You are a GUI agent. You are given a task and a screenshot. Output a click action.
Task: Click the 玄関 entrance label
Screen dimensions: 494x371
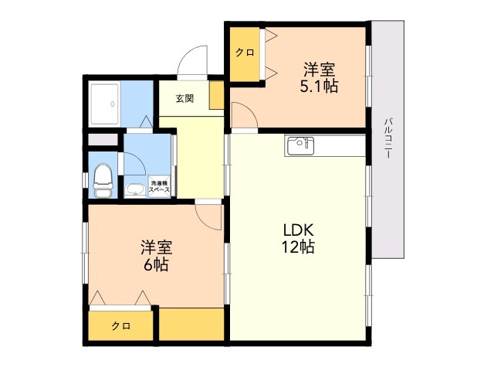[184, 99]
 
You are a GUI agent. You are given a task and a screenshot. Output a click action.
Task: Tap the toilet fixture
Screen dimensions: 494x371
[103, 181]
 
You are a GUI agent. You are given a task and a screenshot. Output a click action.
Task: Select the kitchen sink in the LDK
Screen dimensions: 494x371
[300, 146]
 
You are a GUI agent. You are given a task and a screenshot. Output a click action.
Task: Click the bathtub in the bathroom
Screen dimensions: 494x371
[105, 103]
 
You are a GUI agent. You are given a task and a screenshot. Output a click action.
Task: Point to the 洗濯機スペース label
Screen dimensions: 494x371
[159, 186]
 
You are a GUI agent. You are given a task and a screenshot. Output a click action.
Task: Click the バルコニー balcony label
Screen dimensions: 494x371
[388, 138]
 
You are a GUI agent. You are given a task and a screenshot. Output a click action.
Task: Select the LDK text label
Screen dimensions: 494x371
[299, 230]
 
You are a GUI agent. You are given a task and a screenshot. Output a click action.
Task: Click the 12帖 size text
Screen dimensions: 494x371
[298, 247]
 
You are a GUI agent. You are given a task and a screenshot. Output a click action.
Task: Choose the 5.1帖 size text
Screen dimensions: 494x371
[319, 86]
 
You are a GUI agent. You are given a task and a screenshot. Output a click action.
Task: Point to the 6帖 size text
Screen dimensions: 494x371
[156, 264]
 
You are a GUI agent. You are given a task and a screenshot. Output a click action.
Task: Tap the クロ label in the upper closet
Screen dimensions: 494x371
[245, 52]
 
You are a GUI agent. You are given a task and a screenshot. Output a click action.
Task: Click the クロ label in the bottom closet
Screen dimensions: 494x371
[121, 325]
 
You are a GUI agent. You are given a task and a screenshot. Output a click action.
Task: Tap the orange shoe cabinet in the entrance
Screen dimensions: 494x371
[216, 95]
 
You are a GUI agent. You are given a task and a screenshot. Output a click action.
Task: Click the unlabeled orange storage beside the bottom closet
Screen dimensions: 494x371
[191, 324]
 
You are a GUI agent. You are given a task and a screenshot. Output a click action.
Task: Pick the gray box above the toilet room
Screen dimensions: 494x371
[103, 140]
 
